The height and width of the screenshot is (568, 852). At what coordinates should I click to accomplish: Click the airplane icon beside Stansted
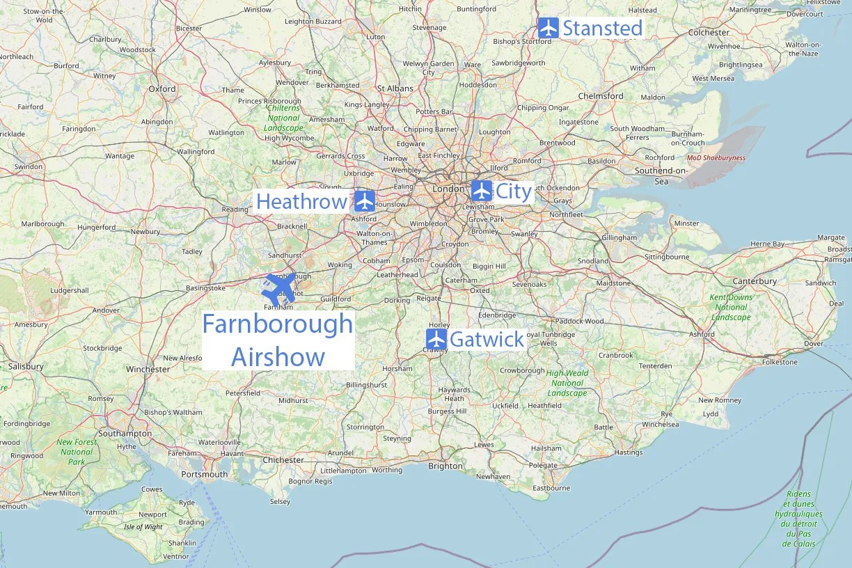tap(549, 29)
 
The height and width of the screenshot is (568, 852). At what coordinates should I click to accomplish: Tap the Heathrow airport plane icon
tap(365, 201)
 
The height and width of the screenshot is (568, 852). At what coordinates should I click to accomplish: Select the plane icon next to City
tap(481, 191)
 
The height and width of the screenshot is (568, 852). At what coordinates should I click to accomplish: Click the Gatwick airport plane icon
tap(436, 340)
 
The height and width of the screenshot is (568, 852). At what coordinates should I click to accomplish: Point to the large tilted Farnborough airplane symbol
tap(279, 288)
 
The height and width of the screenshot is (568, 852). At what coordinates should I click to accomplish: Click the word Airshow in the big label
tap(278, 356)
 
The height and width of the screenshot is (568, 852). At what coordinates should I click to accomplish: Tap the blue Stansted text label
tap(602, 29)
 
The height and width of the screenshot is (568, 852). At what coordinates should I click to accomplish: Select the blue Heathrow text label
tap(301, 202)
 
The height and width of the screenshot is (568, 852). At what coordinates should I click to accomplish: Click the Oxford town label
tap(162, 88)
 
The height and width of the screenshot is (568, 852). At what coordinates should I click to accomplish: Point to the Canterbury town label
tap(755, 281)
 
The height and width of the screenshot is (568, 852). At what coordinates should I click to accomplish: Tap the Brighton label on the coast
tap(445, 466)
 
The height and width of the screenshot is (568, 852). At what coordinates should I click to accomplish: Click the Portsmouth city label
tap(204, 474)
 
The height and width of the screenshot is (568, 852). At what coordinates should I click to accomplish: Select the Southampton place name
tap(125, 433)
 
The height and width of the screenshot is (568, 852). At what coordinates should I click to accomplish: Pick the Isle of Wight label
tap(143, 527)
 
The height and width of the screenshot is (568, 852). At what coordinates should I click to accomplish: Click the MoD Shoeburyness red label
tap(716, 158)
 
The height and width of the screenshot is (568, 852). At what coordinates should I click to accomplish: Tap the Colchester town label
tap(709, 32)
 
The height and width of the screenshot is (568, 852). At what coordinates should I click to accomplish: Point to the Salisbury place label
tap(26, 366)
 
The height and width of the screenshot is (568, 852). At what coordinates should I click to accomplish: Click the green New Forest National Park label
tap(77, 452)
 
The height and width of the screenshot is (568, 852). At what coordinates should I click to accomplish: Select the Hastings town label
tap(629, 452)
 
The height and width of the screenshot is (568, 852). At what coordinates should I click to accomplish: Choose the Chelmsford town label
tap(600, 96)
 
